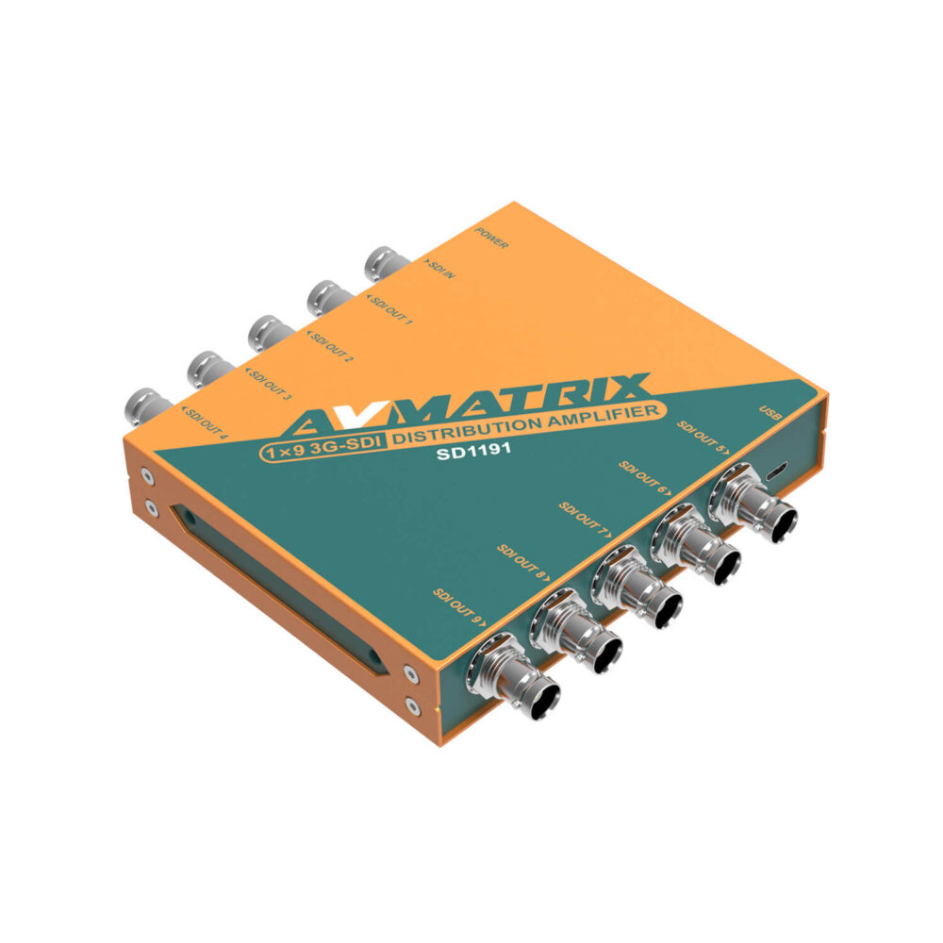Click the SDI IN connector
[384, 263]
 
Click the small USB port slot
[777, 470]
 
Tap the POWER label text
[492, 238]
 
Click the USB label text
[769, 415]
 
